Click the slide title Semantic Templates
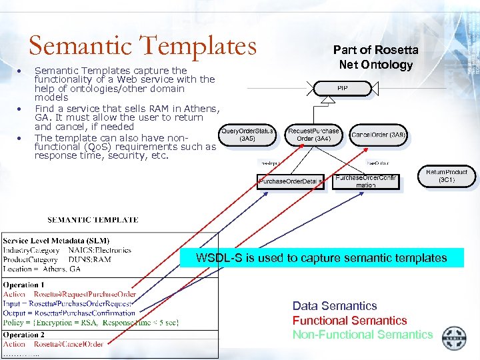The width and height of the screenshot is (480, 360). pos(142,45)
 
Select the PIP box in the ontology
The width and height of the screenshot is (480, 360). pos(342,87)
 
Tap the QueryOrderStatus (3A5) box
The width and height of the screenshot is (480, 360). pos(247,135)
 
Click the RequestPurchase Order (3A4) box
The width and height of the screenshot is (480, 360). pos(313,135)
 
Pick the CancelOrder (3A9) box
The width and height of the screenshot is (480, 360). pos(378,135)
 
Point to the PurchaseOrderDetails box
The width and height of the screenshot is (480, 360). pos(291,181)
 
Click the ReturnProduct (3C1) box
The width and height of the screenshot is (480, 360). pos(446,176)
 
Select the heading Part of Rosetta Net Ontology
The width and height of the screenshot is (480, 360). pos(375,57)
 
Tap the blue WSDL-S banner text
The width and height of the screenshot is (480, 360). pos(321,258)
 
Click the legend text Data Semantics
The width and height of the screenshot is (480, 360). pos(335,306)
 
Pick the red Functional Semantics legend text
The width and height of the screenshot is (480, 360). pos(349,321)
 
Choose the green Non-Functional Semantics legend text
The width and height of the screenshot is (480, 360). pos(363,335)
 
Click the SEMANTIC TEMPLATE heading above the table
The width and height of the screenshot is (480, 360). pos(93,219)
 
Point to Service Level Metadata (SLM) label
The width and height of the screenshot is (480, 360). pos(56,241)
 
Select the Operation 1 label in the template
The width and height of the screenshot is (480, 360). pos(24,285)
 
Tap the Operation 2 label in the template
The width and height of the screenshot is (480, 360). pos(24,335)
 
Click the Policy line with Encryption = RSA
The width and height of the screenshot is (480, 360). pos(91,322)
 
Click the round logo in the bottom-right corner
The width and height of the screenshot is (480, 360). pos(455,338)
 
